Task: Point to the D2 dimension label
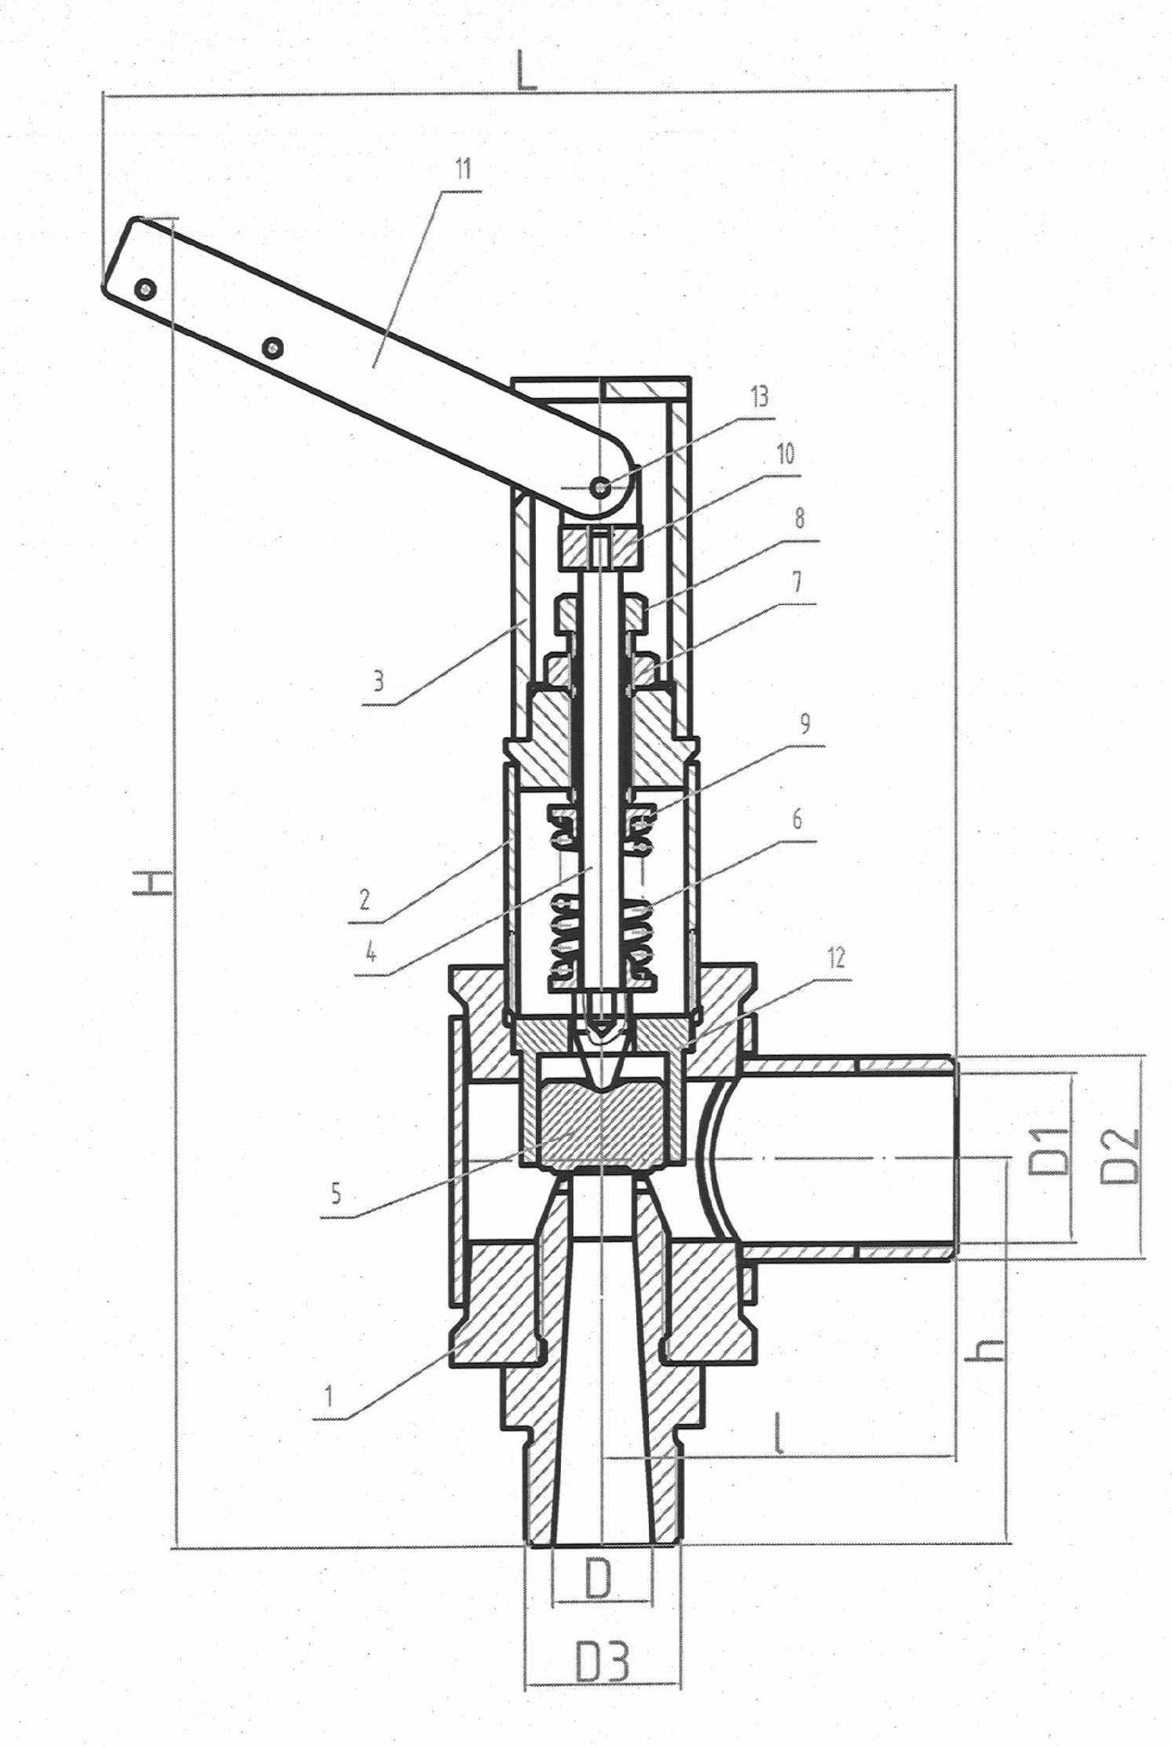pos(1119,1156)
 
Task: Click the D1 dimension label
pos(1049,1152)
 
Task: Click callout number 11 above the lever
pos(463,170)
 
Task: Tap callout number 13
pos(760,397)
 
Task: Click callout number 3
pos(379,680)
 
